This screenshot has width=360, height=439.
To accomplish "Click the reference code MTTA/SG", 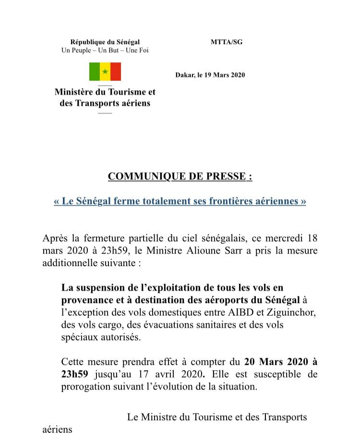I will coord(227,42).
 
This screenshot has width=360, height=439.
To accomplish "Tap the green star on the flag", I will coord(105,72).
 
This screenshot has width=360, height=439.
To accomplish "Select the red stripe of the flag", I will coord(116,72).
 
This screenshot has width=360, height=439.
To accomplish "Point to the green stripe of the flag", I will coord(94,72).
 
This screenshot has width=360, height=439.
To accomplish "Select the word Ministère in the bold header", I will coord(76,92).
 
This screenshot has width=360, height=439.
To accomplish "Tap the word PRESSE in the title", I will coord(229,176).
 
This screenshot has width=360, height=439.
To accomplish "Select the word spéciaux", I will coord(79,337).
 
